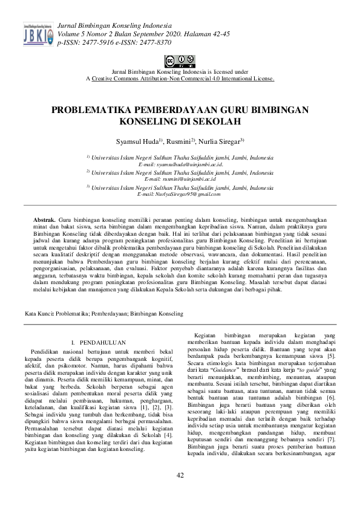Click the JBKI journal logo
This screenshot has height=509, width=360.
click(37, 34)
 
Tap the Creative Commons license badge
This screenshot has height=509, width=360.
click(180, 61)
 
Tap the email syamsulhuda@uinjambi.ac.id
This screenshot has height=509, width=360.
click(180, 164)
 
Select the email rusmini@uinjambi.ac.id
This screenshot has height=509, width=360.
click(180, 179)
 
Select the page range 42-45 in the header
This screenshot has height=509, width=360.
click(218, 34)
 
